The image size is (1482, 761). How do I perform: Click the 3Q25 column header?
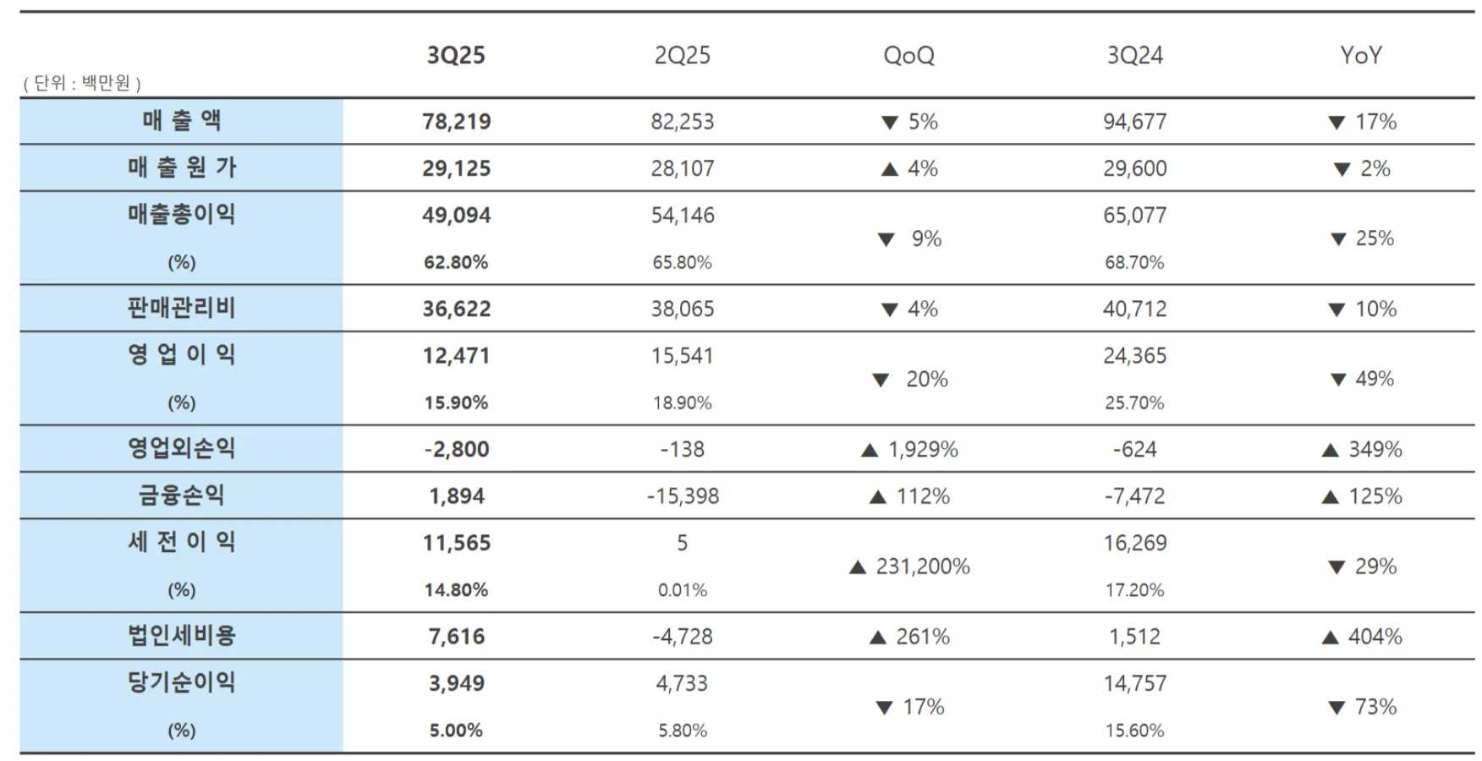click(x=456, y=56)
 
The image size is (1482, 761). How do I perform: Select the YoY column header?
click(x=1361, y=56)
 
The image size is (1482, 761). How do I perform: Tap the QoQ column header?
click(x=908, y=56)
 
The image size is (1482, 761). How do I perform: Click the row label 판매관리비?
click(x=181, y=308)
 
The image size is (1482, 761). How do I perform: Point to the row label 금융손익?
click(x=181, y=495)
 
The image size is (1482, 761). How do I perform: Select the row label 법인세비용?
click(x=181, y=636)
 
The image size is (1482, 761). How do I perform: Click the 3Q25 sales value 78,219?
click(x=457, y=122)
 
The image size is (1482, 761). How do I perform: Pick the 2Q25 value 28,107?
click(x=682, y=168)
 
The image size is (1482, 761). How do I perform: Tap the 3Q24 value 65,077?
click(x=1134, y=216)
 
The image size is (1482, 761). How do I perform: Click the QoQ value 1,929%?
click(x=922, y=450)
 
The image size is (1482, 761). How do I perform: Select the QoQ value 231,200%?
click(x=922, y=567)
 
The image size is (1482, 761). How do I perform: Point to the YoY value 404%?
click(x=1375, y=637)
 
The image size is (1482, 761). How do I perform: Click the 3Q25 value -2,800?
click(x=457, y=450)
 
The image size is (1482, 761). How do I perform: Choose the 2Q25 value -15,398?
click(x=683, y=496)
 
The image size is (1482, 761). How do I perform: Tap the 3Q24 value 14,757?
click(x=1134, y=683)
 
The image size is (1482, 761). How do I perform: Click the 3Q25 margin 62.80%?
click(x=456, y=263)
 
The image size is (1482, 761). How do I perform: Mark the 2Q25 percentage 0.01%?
click(x=682, y=590)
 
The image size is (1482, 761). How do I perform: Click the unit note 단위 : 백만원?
click(x=82, y=83)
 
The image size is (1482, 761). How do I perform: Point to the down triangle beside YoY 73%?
click(x=1337, y=708)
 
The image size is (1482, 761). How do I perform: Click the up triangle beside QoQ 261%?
click(x=878, y=638)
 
